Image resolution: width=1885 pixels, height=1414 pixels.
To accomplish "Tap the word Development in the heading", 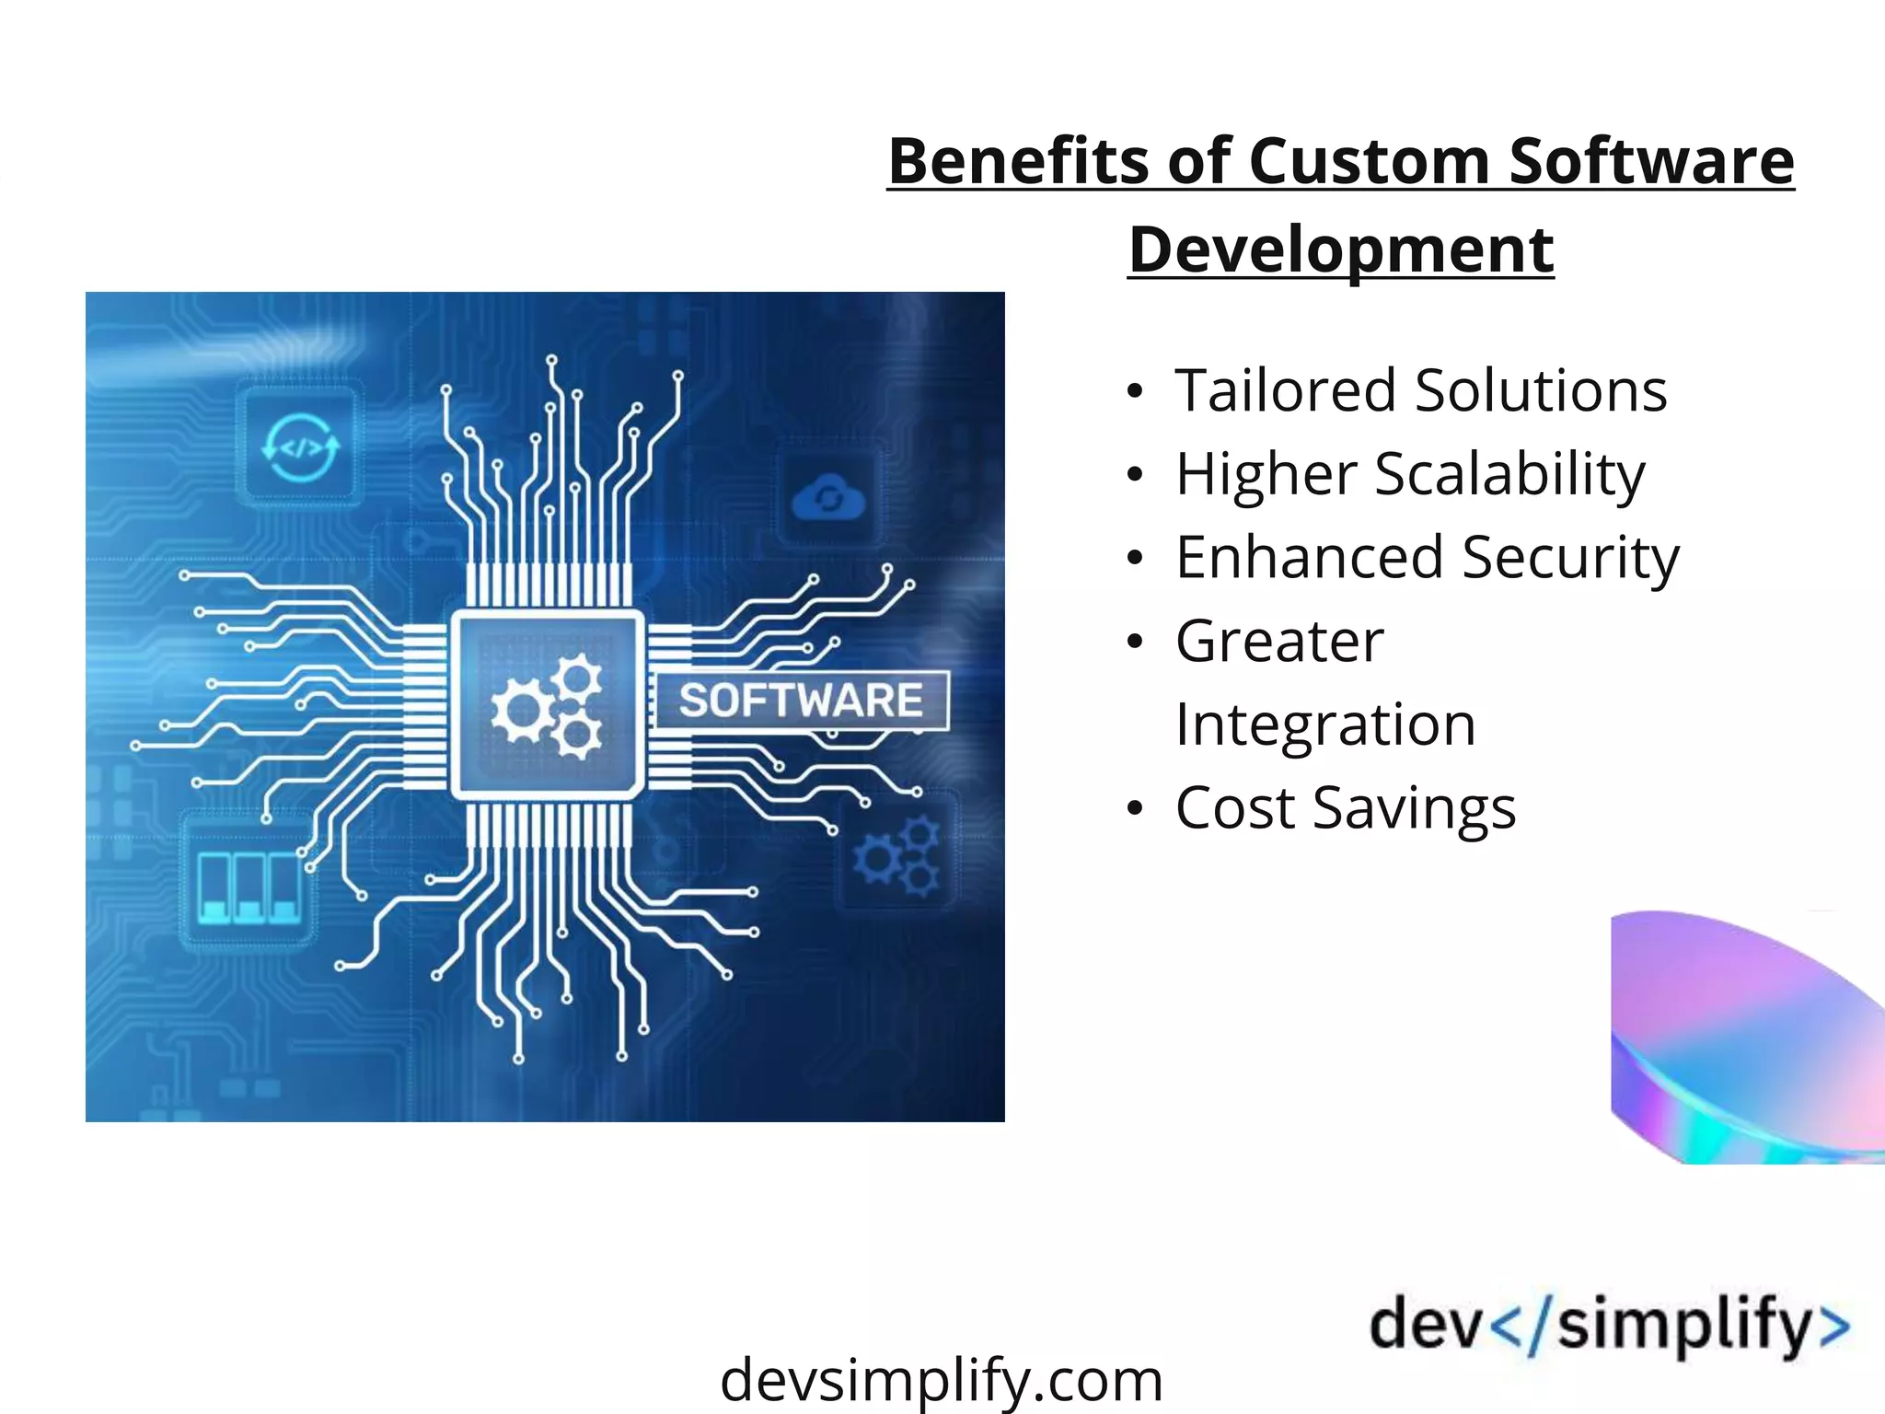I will (1340, 249).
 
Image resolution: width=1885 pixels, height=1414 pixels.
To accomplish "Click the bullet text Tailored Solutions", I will (1420, 390).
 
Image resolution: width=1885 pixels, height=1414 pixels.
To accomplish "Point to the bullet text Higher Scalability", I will (1410, 474).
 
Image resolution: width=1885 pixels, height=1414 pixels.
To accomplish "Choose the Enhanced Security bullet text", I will (1427, 558).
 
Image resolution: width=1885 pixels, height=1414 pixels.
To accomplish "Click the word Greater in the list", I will (1279, 641).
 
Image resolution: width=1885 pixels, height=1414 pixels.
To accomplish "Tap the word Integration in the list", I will (1325, 724).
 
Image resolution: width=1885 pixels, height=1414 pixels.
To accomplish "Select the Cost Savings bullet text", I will (1345, 808).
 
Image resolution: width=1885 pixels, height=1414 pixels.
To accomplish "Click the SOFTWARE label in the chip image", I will (801, 701).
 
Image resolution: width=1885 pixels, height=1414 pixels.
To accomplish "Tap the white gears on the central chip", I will (547, 706).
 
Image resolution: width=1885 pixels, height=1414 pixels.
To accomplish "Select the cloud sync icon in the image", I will (828, 499).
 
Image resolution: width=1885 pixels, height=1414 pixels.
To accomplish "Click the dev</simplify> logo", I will (1609, 1326).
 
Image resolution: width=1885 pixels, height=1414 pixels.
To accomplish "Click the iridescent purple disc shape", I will (1744, 1036).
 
